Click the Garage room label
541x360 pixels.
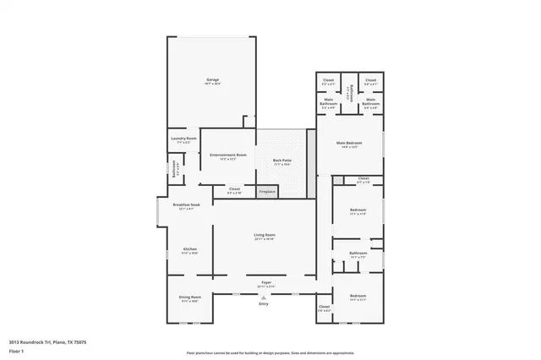tap(212, 80)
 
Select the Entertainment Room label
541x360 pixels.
tap(228, 155)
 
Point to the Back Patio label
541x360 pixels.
tap(282, 161)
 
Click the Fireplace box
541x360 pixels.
tap(267, 192)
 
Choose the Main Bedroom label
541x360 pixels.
tap(349, 143)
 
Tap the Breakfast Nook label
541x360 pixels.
tap(186, 205)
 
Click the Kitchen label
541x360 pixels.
tap(190, 249)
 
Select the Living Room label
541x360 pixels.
tap(265, 236)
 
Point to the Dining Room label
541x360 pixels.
tap(189, 297)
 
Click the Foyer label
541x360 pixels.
tap(265, 281)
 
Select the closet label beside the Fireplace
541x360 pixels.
tap(234, 189)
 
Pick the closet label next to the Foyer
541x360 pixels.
tap(324, 307)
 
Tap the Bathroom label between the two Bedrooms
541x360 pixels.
tap(358, 253)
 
